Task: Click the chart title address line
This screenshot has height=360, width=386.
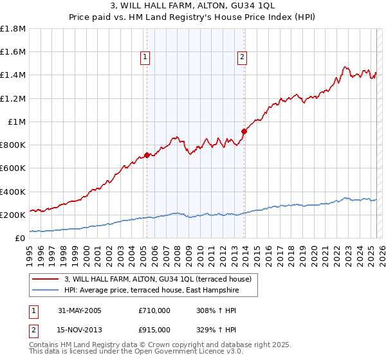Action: point(193,6)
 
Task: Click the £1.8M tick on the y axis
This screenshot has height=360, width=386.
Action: point(13,28)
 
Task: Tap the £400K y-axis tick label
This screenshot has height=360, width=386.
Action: point(13,192)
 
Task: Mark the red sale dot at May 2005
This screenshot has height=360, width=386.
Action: point(147,155)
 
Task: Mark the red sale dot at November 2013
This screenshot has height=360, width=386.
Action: point(244,131)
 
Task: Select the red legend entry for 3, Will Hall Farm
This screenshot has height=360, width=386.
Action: point(161,279)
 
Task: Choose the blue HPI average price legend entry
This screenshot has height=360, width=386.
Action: point(151,291)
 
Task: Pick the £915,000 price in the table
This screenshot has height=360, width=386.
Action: point(154,330)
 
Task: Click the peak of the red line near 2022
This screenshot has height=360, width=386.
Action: point(345,66)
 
